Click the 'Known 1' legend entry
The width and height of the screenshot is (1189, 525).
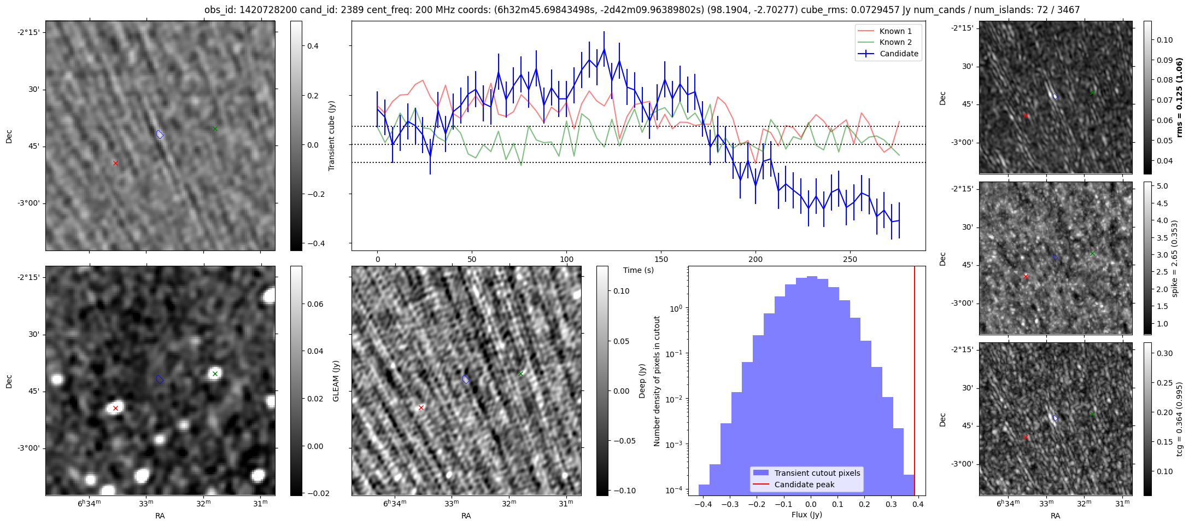click(x=895, y=31)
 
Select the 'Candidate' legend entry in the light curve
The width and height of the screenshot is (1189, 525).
click(x=899, y=54)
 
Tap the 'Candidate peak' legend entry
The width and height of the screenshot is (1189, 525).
click(x=804, y=485)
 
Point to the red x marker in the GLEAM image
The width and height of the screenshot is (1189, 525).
click(x=115, y=408)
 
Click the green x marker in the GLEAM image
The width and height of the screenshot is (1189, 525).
click(x=215, y=374)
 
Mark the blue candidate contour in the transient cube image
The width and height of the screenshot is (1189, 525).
click(x=160, y=134)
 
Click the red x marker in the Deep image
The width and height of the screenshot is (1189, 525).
click(x=421, y=407)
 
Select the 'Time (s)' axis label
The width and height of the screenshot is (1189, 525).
click(x=638, y=270)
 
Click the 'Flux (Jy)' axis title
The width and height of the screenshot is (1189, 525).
click(x=806, y=515)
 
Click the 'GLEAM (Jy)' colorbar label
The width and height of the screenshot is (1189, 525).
click(x=336, y=381)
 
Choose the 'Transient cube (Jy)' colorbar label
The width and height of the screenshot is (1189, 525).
click(x=331, y=136)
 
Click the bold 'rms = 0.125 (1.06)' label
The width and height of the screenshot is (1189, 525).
click(x=1179, y=97)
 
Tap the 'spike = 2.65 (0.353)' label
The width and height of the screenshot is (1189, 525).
click(x=1174, y=258)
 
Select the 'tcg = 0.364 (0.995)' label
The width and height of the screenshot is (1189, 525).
click(x=1179, y=419)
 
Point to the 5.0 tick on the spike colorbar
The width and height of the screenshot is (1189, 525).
click(x=1162, y=186)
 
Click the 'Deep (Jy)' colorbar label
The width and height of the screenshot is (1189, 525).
click(x=642, y=381)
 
